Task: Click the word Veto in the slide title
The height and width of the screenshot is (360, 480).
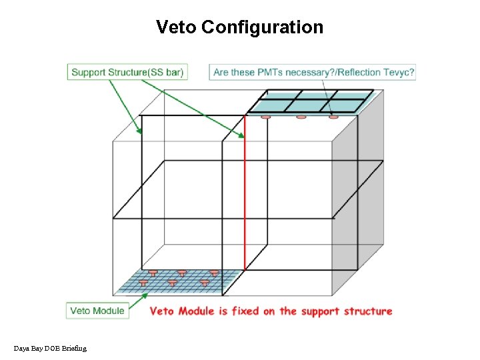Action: (x=176, y=27)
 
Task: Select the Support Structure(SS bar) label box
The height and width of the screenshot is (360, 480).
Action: (x=127, y=72)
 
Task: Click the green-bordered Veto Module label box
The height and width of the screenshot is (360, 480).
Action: (x=97, y=311)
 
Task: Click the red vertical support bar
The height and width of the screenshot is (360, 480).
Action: (x=245, y=193)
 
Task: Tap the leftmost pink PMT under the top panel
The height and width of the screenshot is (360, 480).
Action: (x=265, y=118)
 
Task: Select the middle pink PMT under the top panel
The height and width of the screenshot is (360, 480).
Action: (x=301, y=118)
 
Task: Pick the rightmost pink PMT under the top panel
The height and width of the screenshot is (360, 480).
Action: (x=333, y=118)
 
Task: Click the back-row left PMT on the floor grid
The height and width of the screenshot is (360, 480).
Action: (x=153, y=273)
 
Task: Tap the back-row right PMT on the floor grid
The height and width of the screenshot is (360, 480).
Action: (x=213, y=273)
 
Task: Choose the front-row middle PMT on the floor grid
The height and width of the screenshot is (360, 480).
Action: (x=173, y=283)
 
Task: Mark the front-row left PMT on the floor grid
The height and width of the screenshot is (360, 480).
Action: (x=143, y=283)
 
